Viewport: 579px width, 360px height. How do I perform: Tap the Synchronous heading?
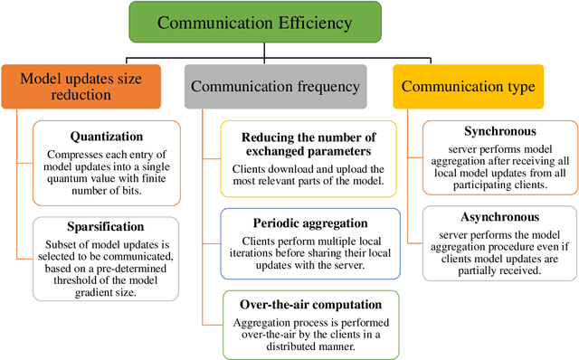click(499, 132)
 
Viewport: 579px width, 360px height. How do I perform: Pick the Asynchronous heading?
click(499, 218)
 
